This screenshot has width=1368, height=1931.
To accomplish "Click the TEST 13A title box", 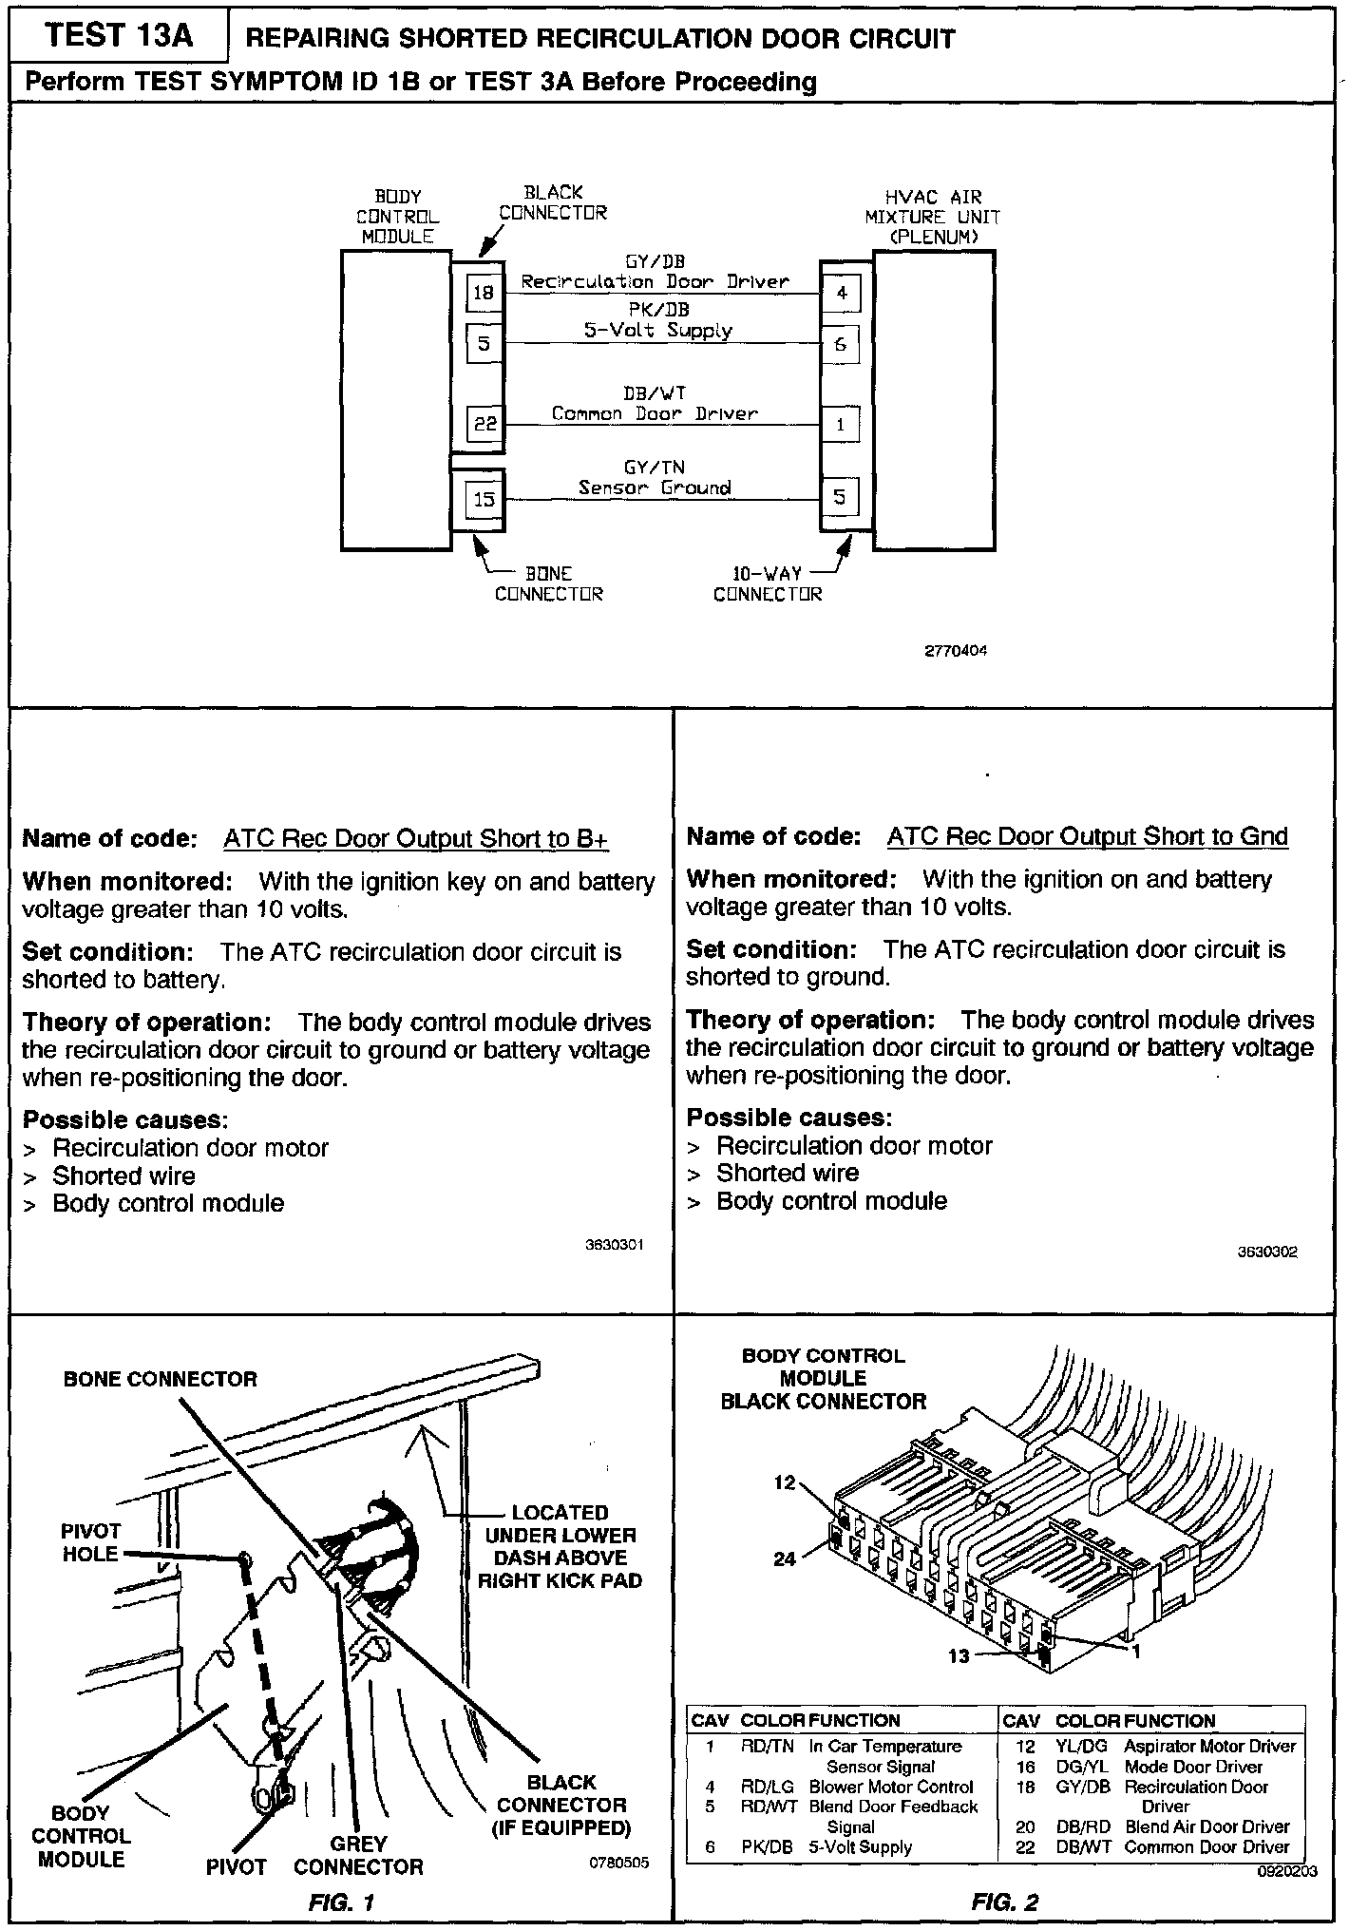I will [x=119, y=36].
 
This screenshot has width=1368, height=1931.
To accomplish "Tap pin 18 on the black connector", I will [x=484, y=293].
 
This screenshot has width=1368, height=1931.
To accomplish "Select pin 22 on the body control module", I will [x=484, y=424].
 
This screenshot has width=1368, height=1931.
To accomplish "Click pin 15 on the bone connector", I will [x=484, y=499].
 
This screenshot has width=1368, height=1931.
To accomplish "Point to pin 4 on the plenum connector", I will [x=841, y=294].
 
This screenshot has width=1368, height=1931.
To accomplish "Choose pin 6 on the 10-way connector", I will [x=841, y=345].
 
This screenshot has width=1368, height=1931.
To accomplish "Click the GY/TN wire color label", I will [x=655, y=468].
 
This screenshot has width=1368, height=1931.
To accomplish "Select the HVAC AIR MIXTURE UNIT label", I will [x=932, y=217].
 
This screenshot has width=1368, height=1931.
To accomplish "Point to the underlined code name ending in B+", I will [x=415, y=839].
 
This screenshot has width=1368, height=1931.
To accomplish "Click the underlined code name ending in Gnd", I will [x=1087, y=837].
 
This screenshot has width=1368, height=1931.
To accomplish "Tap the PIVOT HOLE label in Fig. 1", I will [x=91, y=1542].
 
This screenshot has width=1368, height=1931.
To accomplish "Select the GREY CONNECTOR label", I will [x=358, y=1855].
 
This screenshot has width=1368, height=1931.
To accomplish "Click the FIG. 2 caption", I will [x=1004, y=1902].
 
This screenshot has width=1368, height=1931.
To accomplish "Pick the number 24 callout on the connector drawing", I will [x=785, y=1559].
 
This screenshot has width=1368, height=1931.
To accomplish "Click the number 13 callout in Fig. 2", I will [x=959, y=1656].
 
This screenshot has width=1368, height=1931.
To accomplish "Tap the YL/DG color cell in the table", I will [x=1081, y=1747].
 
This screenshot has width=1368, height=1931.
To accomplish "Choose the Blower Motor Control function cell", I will [x=891, y=1787].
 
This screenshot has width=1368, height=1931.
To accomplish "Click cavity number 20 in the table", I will [x=1025, y=1826].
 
